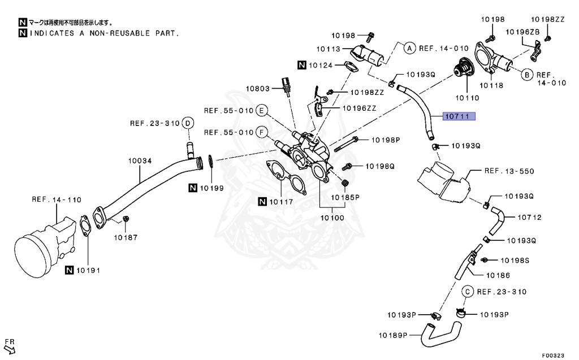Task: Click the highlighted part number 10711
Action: click(x=459, y=117)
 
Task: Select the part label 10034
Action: click(x=140, y=161)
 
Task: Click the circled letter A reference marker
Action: click(x=410, y=48)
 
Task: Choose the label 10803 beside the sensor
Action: click(x=258, y=89)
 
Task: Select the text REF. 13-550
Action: click(x=509, y=170)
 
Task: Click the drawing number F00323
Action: click(x=552, y=355)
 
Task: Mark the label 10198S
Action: click(x=515, y=261)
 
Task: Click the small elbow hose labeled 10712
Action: click(x=497, y=222)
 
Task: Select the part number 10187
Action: click(x=127, y=237)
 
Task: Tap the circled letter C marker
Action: click(x=468, y=292)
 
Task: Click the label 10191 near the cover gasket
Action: click(x=88, y=271)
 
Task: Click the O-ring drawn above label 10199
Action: click(x=210, y=162)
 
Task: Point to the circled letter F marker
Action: click(x=261, y=132)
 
